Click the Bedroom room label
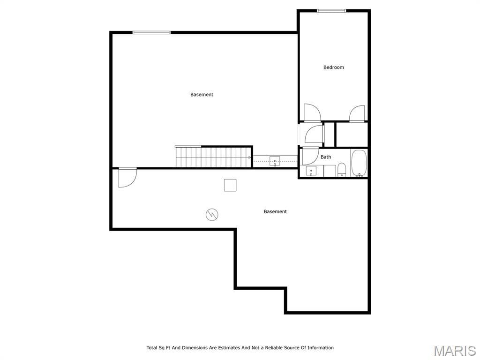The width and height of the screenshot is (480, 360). (x=334, y=67)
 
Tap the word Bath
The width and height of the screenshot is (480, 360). (x=326, y=157)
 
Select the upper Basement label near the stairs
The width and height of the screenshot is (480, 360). (x=202, y=95)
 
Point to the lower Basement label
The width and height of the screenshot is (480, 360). (x=275, y=211)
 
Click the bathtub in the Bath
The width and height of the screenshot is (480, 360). (x=359, y=163)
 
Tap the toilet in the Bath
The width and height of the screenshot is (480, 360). (x=342, y=170)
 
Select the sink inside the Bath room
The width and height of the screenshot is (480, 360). (x=311, y=171)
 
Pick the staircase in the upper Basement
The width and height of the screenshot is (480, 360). (x=213, y=157)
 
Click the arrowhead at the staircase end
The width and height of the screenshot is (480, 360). (x=250, y=157)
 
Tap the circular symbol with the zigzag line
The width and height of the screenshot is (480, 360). (x=212, y=215)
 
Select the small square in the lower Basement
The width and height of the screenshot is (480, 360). (x=230, y=185)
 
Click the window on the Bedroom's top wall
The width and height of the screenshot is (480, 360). (x=331, y=11)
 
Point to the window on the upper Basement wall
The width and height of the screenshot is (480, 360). (x=151, y=32)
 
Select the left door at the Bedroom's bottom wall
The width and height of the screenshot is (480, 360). (x=312, y=112)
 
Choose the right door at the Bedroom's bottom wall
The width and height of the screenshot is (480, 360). (x=357, y=113)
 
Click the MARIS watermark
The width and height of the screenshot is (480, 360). (x=455, y=351)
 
